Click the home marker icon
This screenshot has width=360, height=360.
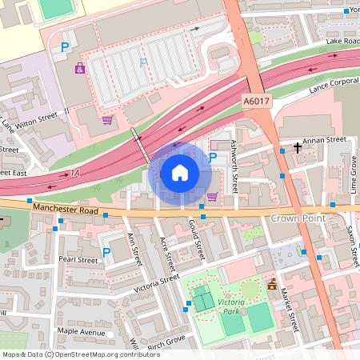click(180, 172)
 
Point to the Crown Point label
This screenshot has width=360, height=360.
click(295, 218)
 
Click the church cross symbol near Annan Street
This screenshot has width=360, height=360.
click(298, 148)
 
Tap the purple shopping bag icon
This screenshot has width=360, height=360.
click(80, 68)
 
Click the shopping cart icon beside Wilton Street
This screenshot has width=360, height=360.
click(107, 121)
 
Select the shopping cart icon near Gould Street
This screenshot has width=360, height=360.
click(212, 196)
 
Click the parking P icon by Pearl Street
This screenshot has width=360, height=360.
click(106, 252)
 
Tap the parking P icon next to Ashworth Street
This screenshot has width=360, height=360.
click(213, 158)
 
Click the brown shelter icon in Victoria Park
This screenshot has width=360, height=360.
click(272, 283)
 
